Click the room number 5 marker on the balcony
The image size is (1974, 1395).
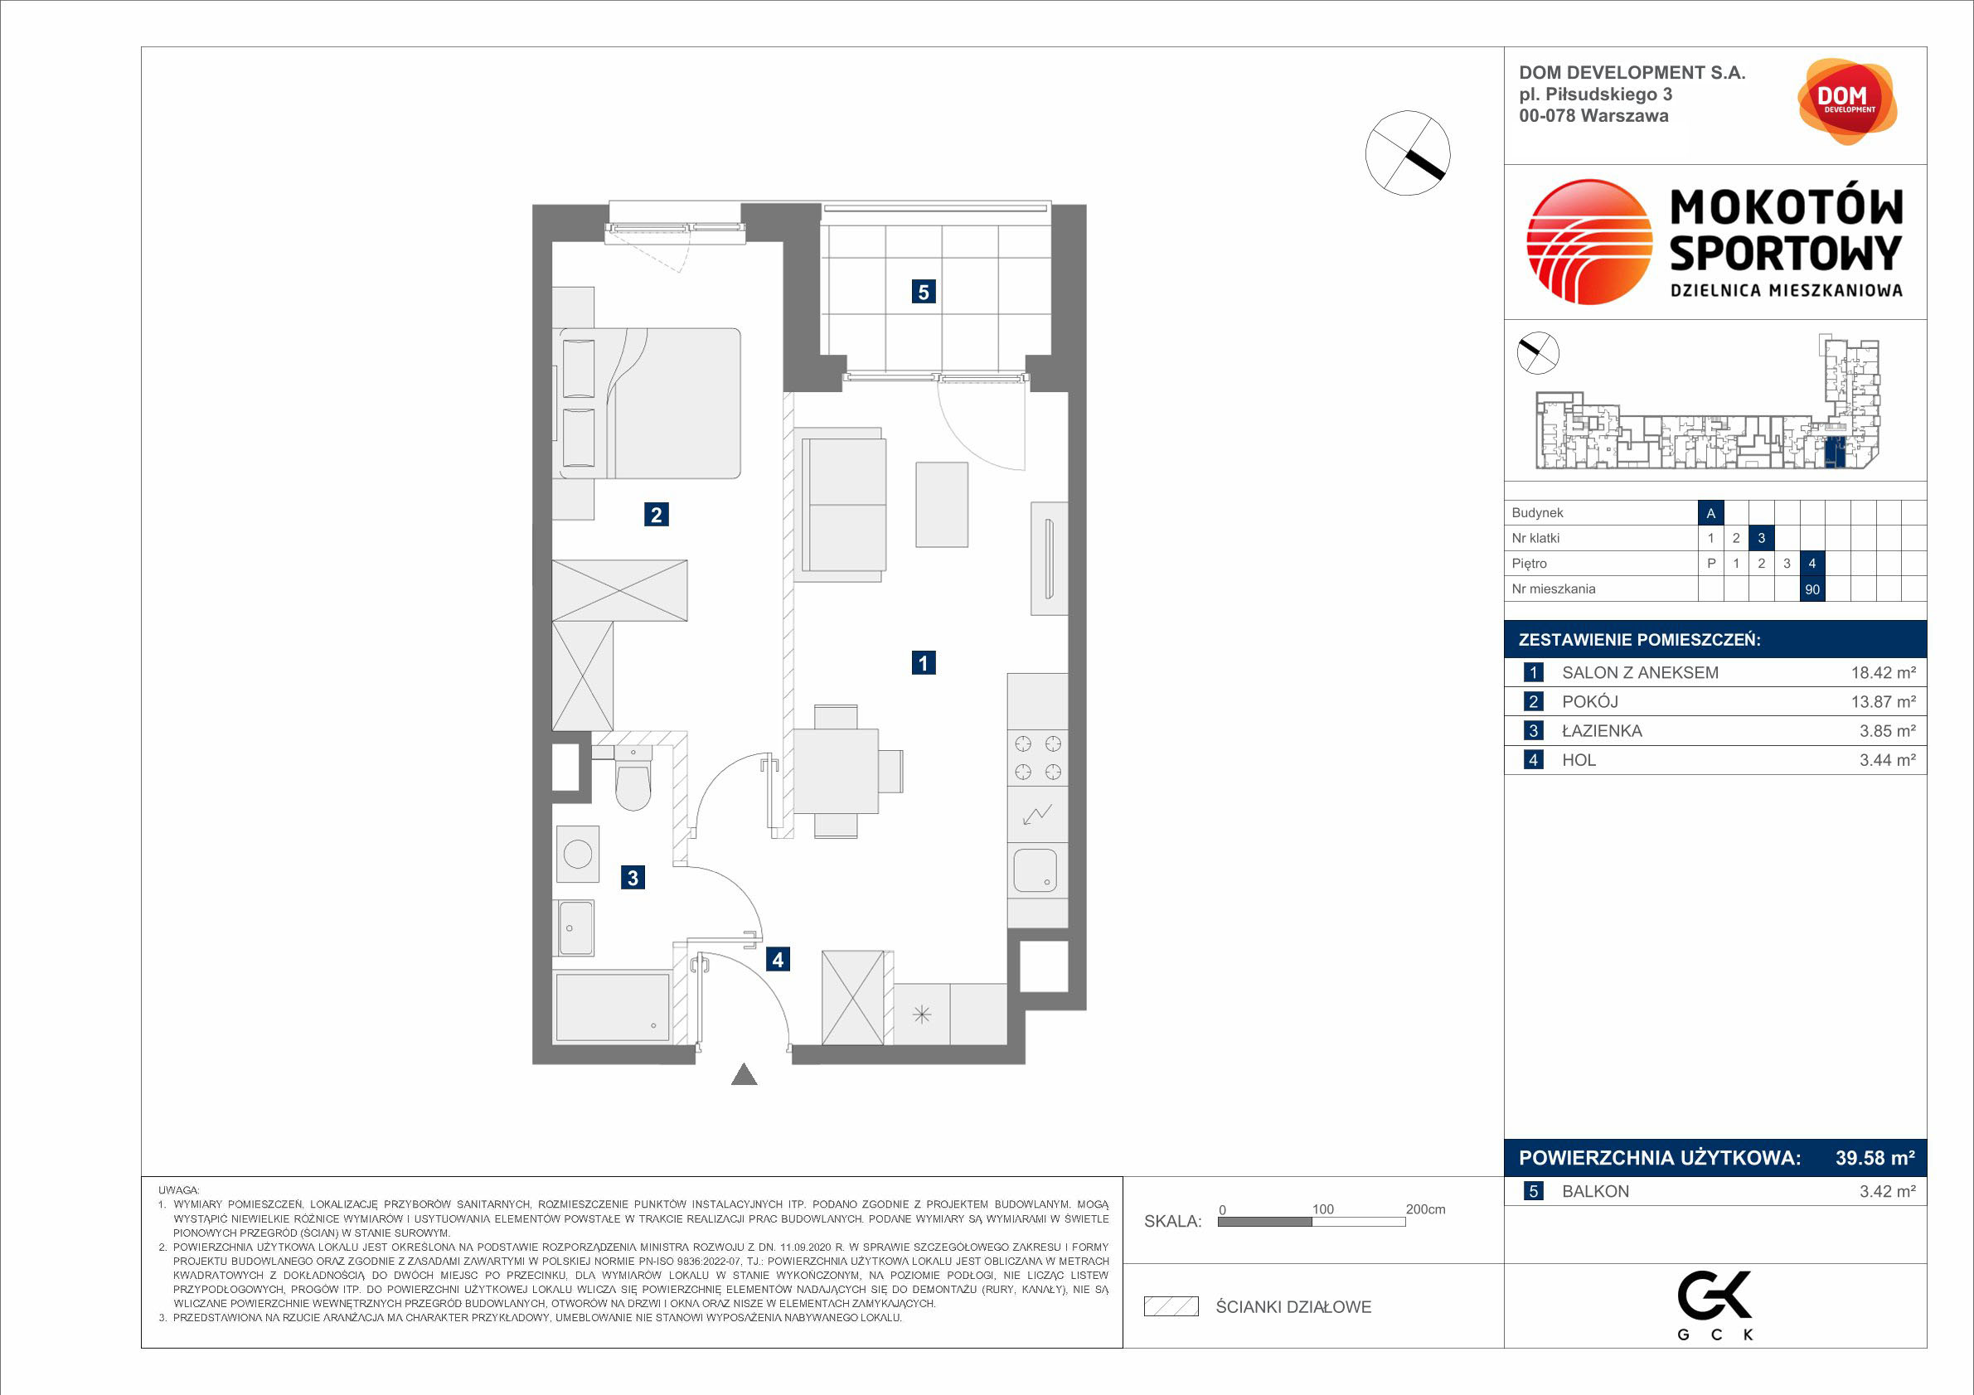point(924,292)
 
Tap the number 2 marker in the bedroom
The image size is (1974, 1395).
point(656,515)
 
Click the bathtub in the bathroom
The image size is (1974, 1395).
point(612,1006)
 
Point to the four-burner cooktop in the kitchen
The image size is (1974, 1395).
point(1038,758)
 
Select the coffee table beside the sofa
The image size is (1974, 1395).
point(942,505)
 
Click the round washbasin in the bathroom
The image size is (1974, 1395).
point(577,854)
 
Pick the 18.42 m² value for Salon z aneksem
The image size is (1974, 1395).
point(1883,673)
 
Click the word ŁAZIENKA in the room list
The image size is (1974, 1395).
point(1602,731)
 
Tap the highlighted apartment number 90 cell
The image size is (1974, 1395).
point(1812,589)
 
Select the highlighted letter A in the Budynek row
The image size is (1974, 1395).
point(1711,513)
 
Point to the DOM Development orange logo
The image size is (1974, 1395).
point(1847,101)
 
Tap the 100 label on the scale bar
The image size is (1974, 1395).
point(1322,1209)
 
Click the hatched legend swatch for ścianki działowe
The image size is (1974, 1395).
point(1171,1306)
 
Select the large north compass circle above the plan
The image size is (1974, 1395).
point(1408,153)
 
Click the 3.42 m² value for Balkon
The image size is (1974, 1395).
point(1887,1191)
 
